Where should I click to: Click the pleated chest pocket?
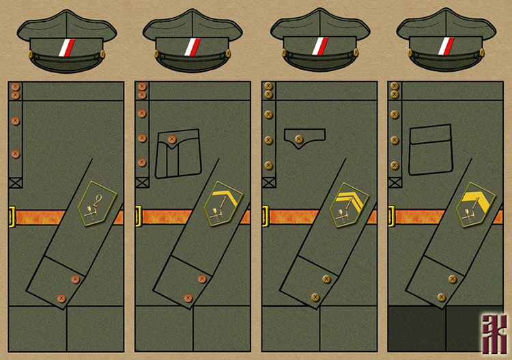click(x=177, y=154)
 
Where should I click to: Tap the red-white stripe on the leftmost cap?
click(x=66, y=47)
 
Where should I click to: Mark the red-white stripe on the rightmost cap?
click(x=446, y=47)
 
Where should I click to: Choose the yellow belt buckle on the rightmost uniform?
click(x=391, y=217)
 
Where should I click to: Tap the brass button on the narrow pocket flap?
click(x=298, y=139)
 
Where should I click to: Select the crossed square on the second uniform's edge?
click(x=142, y=182)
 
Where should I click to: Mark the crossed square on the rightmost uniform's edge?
click(x=394, y=182)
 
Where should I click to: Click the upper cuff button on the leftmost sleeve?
click(x=75, y=279)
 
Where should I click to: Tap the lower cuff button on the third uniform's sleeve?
click(x=315, y=297)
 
